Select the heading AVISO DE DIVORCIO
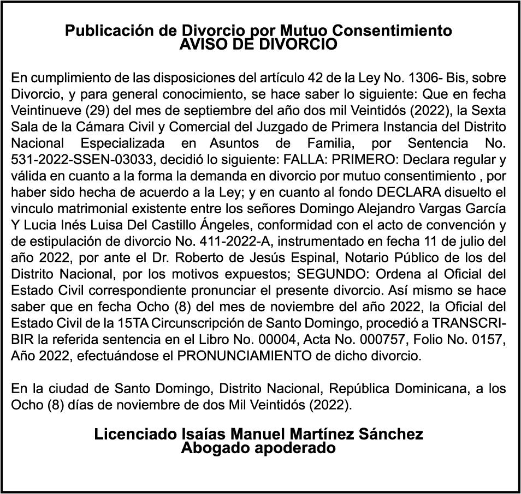[x=258, y=45]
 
